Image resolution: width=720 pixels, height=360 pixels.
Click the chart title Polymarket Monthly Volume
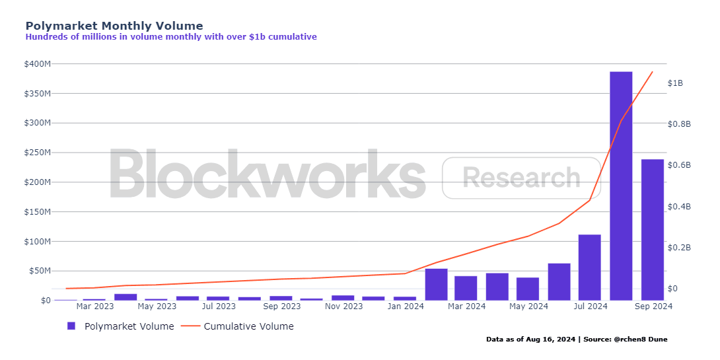(114, 26)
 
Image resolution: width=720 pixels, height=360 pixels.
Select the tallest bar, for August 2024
(621, 186)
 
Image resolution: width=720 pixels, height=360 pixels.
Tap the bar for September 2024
(653, 230)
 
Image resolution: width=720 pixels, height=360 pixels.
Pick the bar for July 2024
(590, 268)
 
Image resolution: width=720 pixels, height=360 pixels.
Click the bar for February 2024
(436, 284)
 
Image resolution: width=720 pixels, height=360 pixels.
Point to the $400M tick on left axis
(38, 64)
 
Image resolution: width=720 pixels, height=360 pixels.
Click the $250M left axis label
(38, 153)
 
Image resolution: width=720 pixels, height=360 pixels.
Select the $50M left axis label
(40, 271)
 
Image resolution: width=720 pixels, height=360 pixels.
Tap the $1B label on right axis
(675, 83)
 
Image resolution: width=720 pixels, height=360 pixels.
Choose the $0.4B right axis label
(679, 206)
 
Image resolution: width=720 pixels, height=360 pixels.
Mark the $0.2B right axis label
(679, 248)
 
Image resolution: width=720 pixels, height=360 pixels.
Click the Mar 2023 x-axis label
(94, 306)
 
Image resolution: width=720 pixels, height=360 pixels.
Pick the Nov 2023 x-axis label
(343, 306)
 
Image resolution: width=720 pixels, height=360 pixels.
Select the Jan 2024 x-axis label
(406, 306)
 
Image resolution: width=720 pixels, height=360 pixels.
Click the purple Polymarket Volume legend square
(71, 326)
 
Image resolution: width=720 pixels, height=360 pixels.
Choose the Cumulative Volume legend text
(248, 326)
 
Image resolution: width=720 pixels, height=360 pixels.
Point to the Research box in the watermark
(521, 178)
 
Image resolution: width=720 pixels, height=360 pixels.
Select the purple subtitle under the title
(171, 37)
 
